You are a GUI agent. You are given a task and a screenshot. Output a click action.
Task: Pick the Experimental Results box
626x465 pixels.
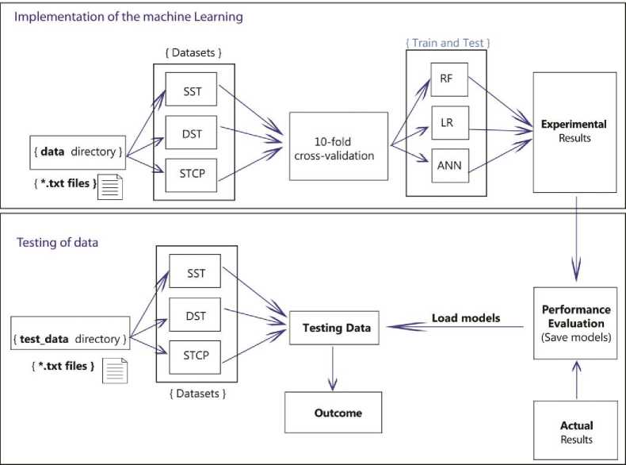(x=574, y=132)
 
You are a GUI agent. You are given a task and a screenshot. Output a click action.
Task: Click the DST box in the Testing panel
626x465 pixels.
(x=195, y=316)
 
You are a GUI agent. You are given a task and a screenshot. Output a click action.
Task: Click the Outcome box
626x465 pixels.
(x=333, y=412)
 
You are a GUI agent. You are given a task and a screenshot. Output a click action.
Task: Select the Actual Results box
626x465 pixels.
(x=575, y=432)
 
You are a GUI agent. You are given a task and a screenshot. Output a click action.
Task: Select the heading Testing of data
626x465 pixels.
(x=58, y=242)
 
